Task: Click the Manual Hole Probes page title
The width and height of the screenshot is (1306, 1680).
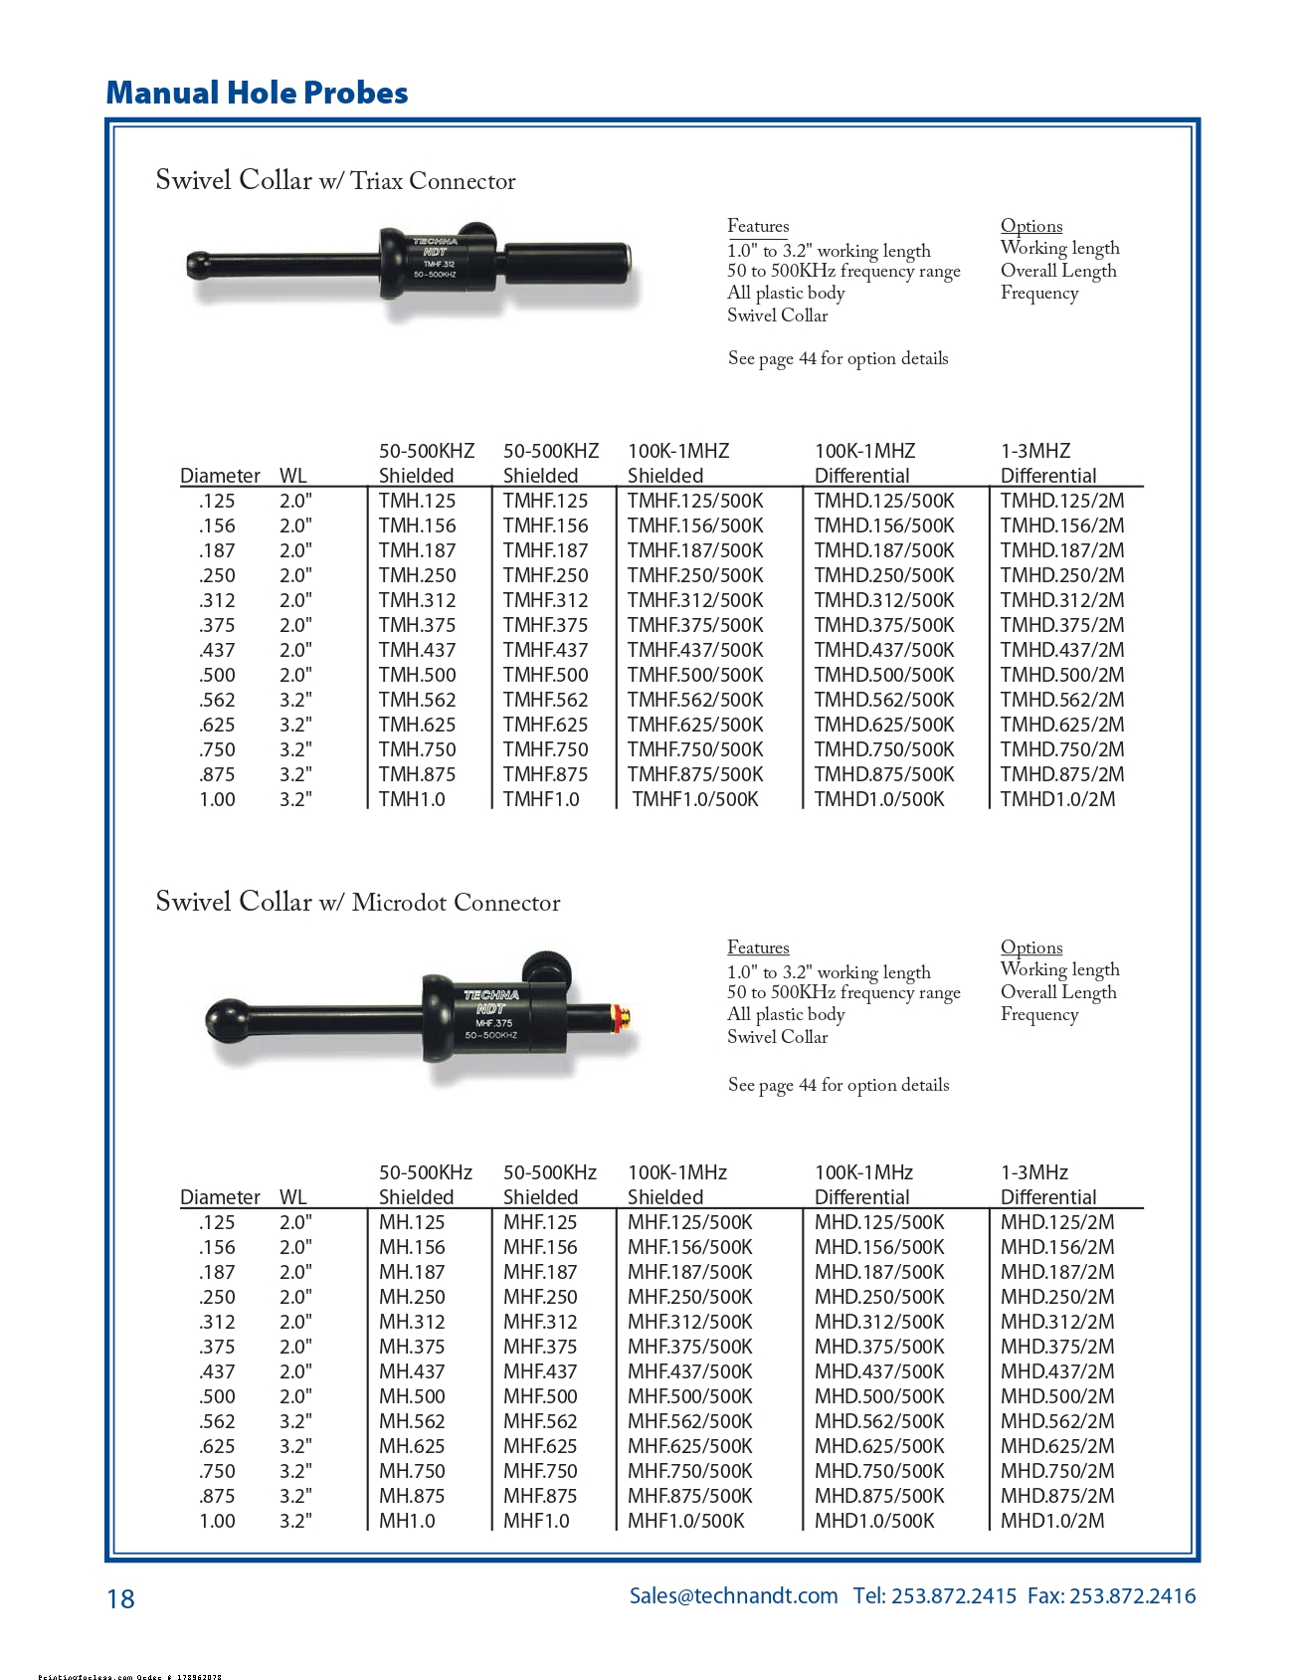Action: click(x=257, y=93)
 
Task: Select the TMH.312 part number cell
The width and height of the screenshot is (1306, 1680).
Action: click(x=417, y=600)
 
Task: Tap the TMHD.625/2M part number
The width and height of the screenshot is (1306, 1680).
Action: click(x=1061, y=725)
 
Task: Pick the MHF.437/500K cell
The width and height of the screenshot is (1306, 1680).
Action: click(x=689, y=1371)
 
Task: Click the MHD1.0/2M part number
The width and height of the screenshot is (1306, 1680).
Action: click(x=1051, y=1521)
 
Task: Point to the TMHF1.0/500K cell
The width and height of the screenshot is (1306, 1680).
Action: click(x=694, y=799)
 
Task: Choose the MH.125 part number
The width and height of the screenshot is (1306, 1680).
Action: click(x=412, y=1222)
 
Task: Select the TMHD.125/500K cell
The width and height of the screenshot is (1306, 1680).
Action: click(x=883, y=501)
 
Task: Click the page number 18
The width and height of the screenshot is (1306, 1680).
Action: click(x=120, y=1598)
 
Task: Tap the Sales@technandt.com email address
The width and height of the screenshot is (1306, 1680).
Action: click(x=733, y=1595)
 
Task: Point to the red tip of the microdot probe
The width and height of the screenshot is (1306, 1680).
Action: click(x=625, y=1016)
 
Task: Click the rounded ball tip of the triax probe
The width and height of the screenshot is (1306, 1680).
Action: click(x=198, y=265)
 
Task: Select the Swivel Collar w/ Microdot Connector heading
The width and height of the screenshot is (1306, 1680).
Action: click(x=357, y=902)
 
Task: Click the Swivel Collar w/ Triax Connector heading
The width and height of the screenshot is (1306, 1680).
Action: click(x=335, y=180)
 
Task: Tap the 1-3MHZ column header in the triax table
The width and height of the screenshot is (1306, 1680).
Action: click(x=1034, y=451)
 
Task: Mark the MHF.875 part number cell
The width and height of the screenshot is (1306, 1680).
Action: click(x=539, y=1496)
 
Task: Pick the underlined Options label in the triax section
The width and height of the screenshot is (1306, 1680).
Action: click(x=1030, y=226)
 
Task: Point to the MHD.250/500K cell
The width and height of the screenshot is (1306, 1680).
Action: click(x=878, y=1297)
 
